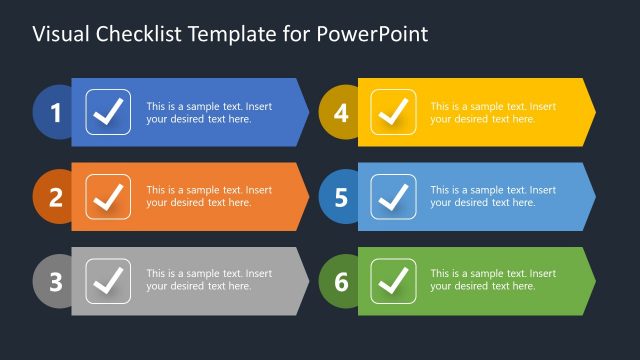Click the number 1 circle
coord(55,113)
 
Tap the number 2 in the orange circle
coord(55,197)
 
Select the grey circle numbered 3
coord(55,282)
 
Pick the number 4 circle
coord(341,113)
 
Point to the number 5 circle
coord(341,197)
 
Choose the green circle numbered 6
coord(341,282)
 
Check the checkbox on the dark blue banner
coord(108,112)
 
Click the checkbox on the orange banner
coord(108,197)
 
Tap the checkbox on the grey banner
coord(108,281)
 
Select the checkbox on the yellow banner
coord(394,112)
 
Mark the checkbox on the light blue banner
coord(394,197)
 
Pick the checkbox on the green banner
coord(394,281)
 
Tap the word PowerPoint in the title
coord(373,34)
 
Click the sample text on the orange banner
coord(209,196)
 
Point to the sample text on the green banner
coord(493,280)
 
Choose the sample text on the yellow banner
coord(493,112)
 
